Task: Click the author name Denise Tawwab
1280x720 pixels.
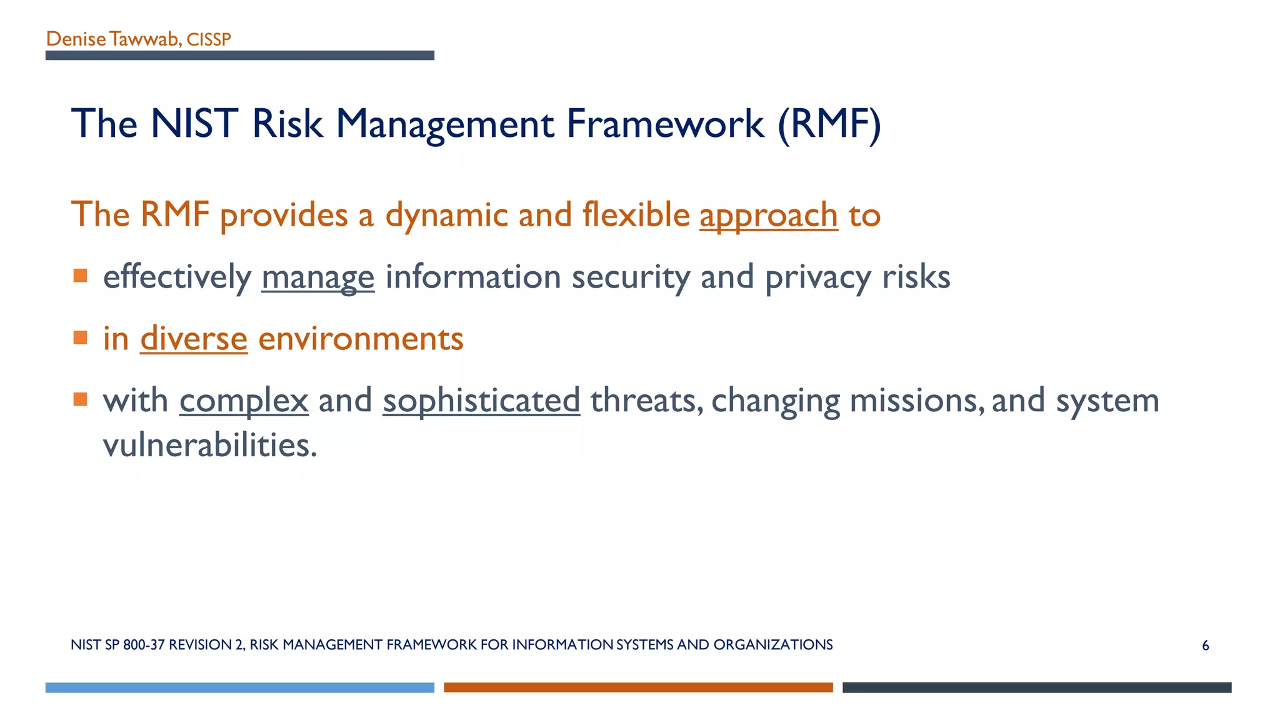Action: [x=113, y=39]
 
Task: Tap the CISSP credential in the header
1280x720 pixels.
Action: [x=209, y=40]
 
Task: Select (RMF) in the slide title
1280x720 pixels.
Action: [x=829, y=124]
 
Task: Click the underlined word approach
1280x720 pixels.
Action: [x=768, y=216]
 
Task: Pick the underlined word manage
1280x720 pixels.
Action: [x=317, y=277]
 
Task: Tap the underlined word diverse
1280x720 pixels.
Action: [x=194, y=339]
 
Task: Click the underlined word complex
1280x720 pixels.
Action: [x=244, y=401]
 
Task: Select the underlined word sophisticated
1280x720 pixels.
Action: [x=481, y=401]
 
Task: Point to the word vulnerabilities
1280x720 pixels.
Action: [x=210, y=446]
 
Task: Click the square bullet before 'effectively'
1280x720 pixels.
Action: [x=80, y=276]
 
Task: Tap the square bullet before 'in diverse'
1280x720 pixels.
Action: [x=80, y=337]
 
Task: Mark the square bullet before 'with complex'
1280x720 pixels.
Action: [x=80, y=399]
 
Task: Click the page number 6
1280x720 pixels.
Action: [x=1206, y=646]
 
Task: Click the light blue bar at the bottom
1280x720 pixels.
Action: [x=239, y=687]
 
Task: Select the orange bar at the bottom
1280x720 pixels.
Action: [x=638, y=687]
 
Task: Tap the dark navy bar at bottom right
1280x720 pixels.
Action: [x=1037, y=687]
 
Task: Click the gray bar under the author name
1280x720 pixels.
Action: [x=239, y=56]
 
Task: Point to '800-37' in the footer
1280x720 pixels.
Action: [x=144, y=645]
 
